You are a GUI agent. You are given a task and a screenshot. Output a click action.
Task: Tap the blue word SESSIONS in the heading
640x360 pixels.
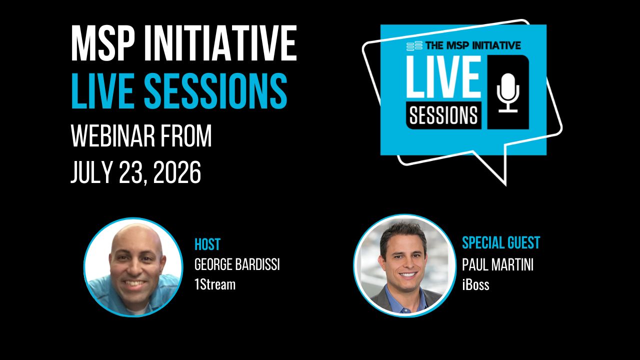tap(215, 90)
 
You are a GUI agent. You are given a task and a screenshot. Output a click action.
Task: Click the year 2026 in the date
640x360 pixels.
tap(177, 172)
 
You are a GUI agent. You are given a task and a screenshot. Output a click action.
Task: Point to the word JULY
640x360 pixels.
tap(91, 172)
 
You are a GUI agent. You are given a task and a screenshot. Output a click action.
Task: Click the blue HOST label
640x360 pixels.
tap(207, 244)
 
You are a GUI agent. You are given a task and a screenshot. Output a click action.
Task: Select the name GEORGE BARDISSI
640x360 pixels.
tap(237, 264)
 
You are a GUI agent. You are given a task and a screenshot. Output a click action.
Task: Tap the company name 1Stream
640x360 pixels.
tap(215, 284)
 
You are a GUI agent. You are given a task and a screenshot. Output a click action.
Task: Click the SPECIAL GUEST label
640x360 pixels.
tap(501, 243)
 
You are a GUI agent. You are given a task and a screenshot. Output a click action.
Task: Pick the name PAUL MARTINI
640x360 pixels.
tap(497, 264)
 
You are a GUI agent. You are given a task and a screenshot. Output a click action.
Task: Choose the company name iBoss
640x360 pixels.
tap(475, 284)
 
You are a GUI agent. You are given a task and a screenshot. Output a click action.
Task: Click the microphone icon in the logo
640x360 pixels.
tap(508, 92)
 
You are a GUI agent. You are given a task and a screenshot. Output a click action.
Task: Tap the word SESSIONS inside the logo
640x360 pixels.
tap(443, 115)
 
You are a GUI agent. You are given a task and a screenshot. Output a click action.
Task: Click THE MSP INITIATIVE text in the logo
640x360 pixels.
tap(473, 45)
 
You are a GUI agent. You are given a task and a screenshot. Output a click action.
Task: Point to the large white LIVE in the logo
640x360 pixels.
tap(443, 76)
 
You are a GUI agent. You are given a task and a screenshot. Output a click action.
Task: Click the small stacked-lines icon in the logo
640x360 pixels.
tap(414, 45)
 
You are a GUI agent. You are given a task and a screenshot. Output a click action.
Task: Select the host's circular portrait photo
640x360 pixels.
tap(133, 267)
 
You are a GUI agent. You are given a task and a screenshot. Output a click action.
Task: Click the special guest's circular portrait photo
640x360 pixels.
tap(405, 265)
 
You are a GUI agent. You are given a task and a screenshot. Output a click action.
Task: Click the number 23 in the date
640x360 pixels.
tap(133, 172)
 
